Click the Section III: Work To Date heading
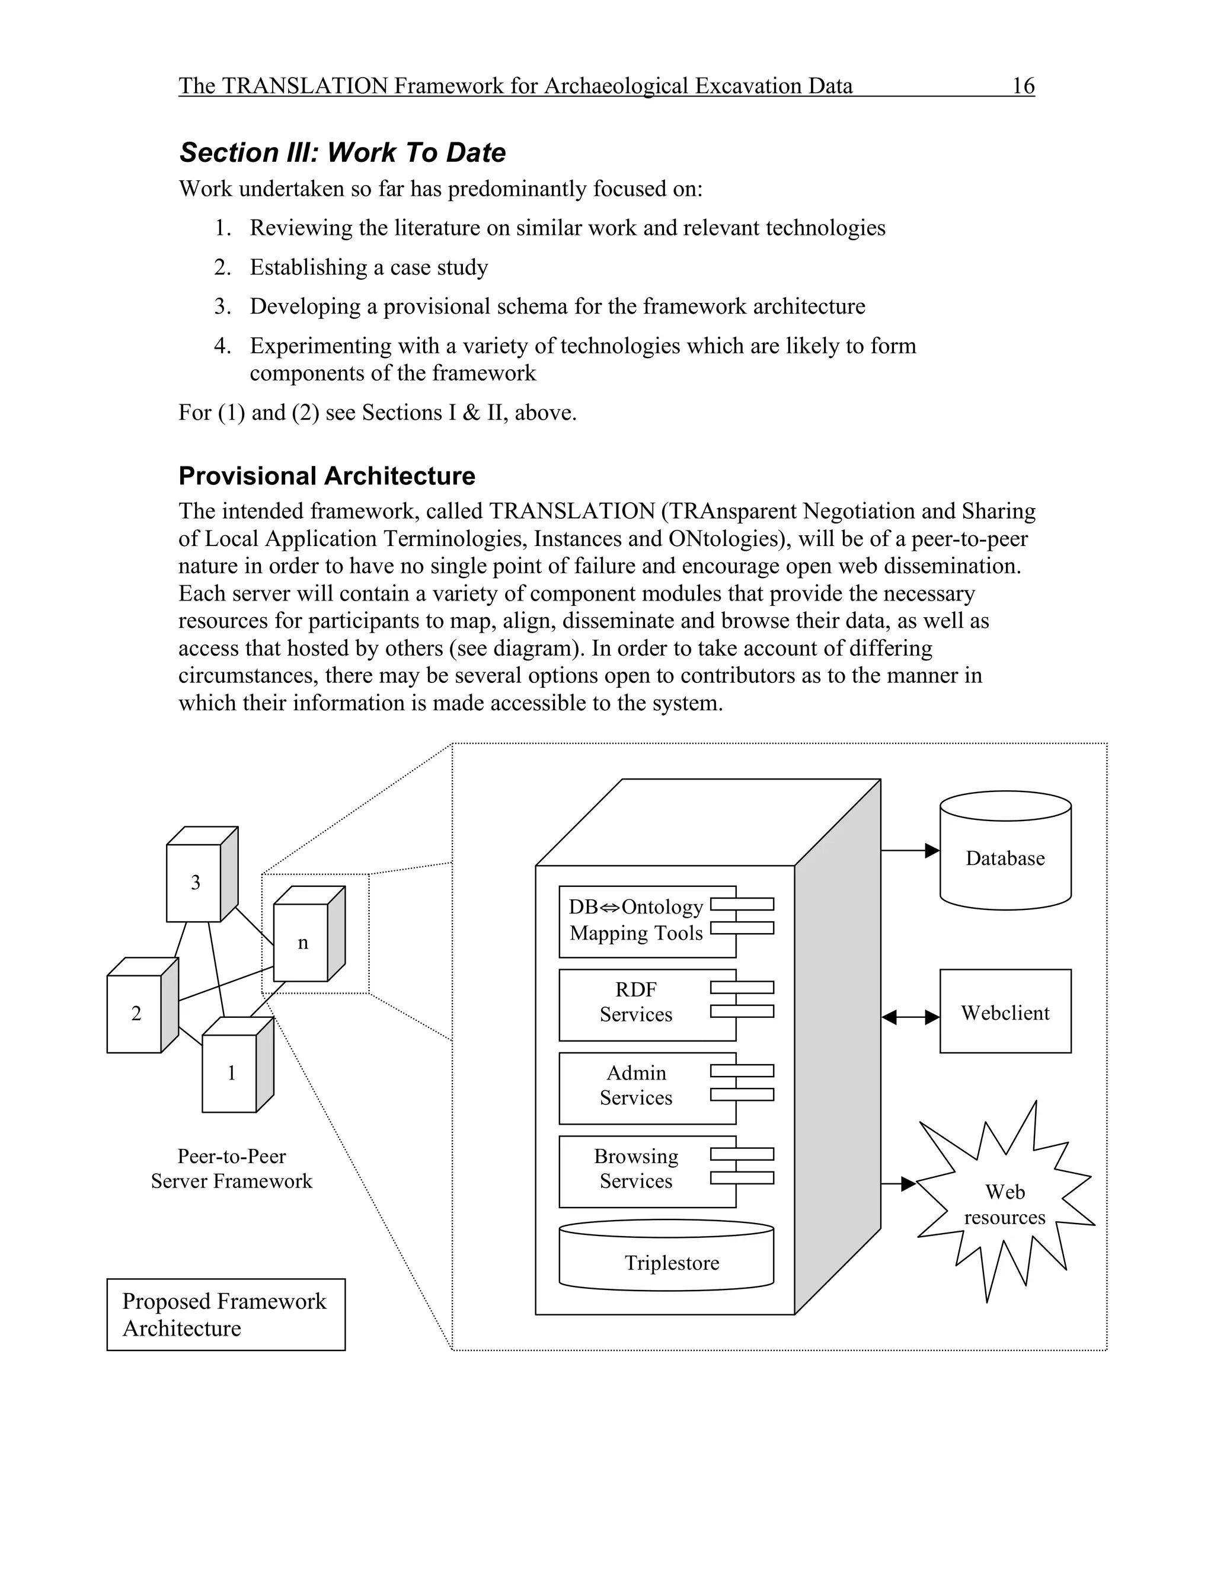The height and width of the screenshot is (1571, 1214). tap(343, 152)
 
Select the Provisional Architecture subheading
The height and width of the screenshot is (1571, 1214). tap(327, 475)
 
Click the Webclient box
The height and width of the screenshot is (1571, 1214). tap(1005, 1013)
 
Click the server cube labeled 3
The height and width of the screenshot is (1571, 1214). tap(194, 882)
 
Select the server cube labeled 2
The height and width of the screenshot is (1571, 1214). tap(135, 1013)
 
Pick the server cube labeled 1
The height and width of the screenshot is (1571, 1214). tap(230, 1072)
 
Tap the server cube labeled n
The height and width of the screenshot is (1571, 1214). tap(302, 943)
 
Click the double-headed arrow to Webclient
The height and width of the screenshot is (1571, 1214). tap(910, 1017)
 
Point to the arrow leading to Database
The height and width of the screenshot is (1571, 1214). tap(910, 850)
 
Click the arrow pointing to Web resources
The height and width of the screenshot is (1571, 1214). tap(899, 1183)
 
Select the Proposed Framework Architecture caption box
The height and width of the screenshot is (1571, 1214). tap(226, 1314)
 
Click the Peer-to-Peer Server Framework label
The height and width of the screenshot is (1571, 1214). tap(232, 1168)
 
